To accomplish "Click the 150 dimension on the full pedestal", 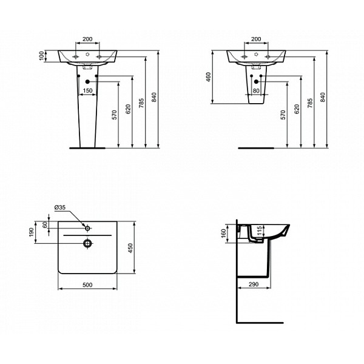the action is tap(87, 90).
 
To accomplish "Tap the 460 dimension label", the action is tap(209, 77).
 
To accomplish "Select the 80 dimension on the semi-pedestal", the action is tap(256, 90).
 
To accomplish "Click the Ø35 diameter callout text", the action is tap(60, 207).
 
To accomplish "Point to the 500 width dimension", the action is tap(87, 285).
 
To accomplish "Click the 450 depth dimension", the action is tap(130, 248).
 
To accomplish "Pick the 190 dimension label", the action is tap(32, 232).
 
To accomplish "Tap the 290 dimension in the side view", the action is tap(254, 284).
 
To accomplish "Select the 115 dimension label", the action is tap(260, 231).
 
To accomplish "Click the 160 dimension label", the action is tap(223, 234).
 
